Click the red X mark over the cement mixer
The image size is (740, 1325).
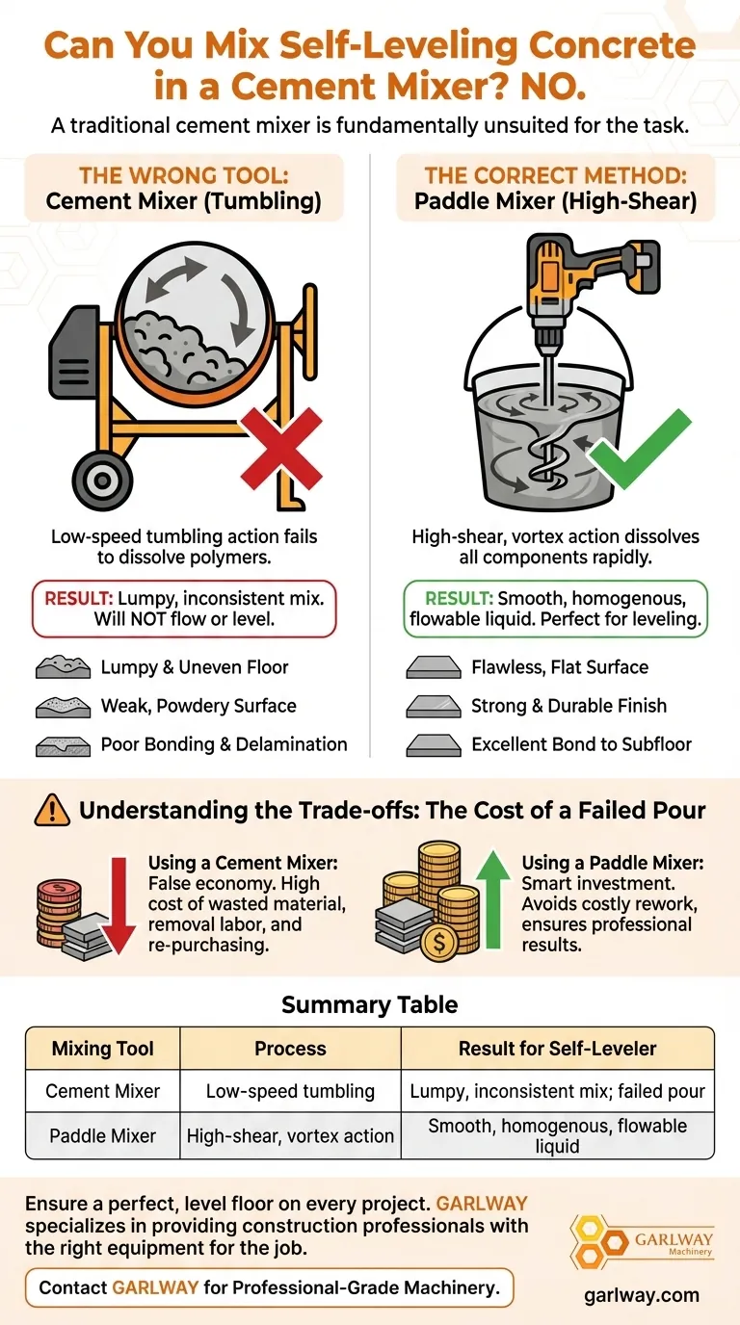[281, 449]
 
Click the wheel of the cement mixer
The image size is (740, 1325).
[102, 481]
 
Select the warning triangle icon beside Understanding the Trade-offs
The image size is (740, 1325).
[52, 810]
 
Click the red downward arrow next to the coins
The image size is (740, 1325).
[119, 904]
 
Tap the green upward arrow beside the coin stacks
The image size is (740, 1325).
[493, 898]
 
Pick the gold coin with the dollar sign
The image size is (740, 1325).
[438, 941]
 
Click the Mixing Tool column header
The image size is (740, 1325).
[102, 1049]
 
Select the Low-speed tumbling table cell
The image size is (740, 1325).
[290, 1091]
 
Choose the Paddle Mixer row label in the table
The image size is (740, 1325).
[102, 1135]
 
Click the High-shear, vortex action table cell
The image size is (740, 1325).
[290, 1135]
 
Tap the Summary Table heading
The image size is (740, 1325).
[369, 1005]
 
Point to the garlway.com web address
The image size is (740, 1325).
[642, 1295]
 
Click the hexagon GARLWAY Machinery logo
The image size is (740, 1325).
[642, 1243]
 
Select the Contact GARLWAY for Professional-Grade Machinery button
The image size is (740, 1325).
[270, 1287]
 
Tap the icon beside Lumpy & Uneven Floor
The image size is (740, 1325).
[64, 666]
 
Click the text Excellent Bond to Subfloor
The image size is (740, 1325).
[581, 744]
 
